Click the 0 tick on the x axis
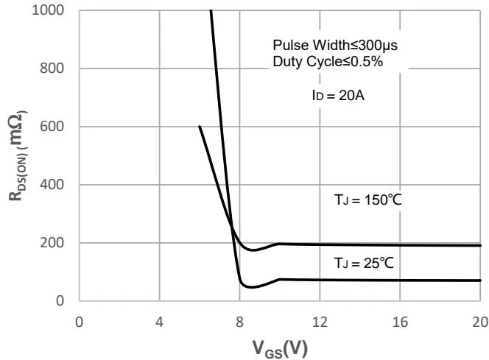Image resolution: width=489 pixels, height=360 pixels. tap(80, 321)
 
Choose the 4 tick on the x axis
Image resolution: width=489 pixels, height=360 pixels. tap(160, 321)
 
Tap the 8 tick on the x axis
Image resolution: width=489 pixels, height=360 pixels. tap(239, 321)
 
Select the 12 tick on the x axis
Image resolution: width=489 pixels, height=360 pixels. tap(320, 321)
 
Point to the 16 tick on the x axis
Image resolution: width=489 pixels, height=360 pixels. tap(400, 321)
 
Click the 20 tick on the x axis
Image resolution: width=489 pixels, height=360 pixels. tap(479, 321)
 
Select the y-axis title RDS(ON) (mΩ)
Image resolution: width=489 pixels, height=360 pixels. tap(18, 155)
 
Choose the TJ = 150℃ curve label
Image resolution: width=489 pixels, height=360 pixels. tap(365, 199)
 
